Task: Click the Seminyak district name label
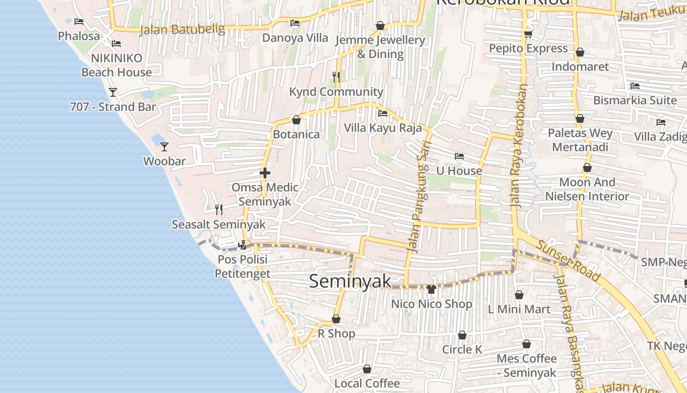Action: [350, 281]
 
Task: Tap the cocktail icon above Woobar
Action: [164, 146]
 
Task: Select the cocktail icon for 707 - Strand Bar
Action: [113, 92]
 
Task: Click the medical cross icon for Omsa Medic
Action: [265, 173]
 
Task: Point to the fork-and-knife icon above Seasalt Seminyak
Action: [219, 210]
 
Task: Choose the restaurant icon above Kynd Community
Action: [336, 77]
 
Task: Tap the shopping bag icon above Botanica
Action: [296, 120]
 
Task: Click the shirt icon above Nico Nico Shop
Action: [431, 289]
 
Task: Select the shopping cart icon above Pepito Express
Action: [528, 34]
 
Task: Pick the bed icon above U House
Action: [459, 156]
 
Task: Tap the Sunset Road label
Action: [568, 261]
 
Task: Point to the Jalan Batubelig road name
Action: [182, 29]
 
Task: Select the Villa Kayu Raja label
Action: [383, 128]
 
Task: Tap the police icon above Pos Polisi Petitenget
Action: [242, 245]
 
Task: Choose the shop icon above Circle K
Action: [462, 336]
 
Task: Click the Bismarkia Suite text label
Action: [635, 100]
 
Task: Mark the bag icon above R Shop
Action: [336, 319]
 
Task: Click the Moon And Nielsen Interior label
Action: [587, 189]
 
